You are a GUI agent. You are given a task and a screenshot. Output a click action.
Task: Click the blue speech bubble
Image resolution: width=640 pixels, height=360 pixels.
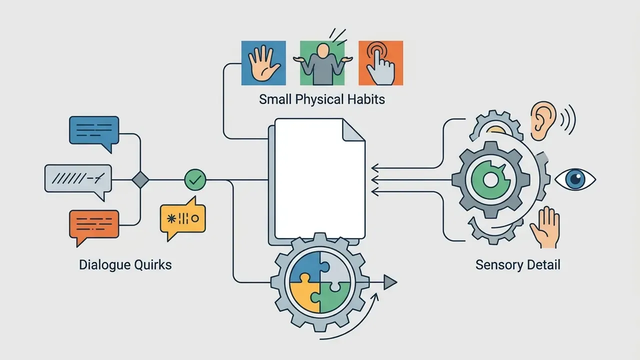94,131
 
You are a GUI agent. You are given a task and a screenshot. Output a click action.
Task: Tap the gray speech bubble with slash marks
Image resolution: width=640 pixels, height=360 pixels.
78,179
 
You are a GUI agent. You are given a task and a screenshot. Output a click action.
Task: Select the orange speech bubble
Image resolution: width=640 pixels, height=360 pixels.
94,225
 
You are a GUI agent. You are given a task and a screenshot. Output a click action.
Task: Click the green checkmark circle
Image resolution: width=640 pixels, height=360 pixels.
195,179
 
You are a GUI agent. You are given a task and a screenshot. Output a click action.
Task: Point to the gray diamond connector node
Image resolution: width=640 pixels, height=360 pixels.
140,179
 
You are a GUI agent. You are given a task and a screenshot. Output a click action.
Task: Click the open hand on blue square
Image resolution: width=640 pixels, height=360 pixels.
263,63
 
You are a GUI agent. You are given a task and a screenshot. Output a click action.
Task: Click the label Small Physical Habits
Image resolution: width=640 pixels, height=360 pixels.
322,99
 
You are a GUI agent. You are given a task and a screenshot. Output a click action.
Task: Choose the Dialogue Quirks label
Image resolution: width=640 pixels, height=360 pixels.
125,265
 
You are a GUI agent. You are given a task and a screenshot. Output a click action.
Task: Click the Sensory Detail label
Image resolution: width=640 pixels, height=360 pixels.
517,265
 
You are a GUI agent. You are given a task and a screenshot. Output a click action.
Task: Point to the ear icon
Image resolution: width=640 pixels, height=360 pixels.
542,120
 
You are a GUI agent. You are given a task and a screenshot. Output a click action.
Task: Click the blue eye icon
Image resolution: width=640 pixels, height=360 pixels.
575,179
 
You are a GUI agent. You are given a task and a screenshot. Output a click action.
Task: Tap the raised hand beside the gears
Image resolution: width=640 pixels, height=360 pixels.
545,227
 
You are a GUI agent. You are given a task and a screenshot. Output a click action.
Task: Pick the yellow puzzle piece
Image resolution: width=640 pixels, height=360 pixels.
303,293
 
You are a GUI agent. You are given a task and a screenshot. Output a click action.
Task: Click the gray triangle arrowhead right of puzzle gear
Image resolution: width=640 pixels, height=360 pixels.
390,282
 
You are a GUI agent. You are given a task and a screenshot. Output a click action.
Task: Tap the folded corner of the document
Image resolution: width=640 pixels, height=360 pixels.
353,130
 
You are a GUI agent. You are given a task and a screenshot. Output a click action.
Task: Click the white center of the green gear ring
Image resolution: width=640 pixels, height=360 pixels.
490,179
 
